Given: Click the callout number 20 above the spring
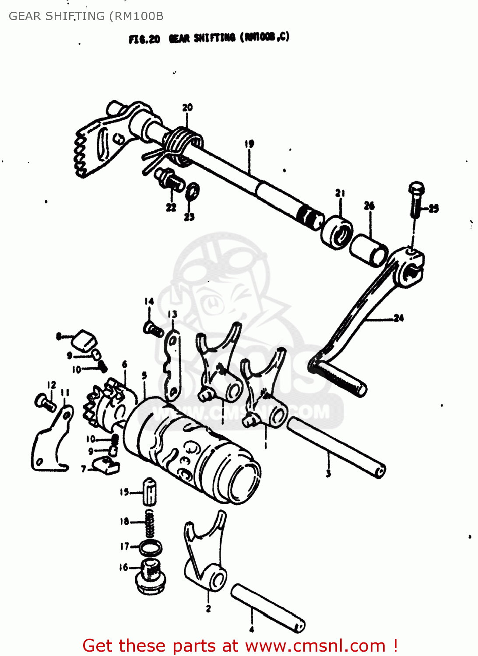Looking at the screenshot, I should tap(187, 108).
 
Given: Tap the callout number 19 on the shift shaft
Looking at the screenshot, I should tap(249, 143).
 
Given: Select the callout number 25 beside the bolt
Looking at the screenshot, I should tap(433, 209).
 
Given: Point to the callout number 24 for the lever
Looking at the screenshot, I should tap(398, 318).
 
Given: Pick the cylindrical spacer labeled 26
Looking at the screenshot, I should tap(369, 250).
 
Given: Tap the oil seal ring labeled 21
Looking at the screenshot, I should tap(337, 231).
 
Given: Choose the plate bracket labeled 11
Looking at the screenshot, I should tap(51, 442).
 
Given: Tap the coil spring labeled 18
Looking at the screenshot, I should tap(150, 524).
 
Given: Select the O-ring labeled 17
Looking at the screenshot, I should tap(150, 548).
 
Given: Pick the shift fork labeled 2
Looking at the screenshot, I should tap(204, 555).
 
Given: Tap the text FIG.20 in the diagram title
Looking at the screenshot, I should tap(144, 39).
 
